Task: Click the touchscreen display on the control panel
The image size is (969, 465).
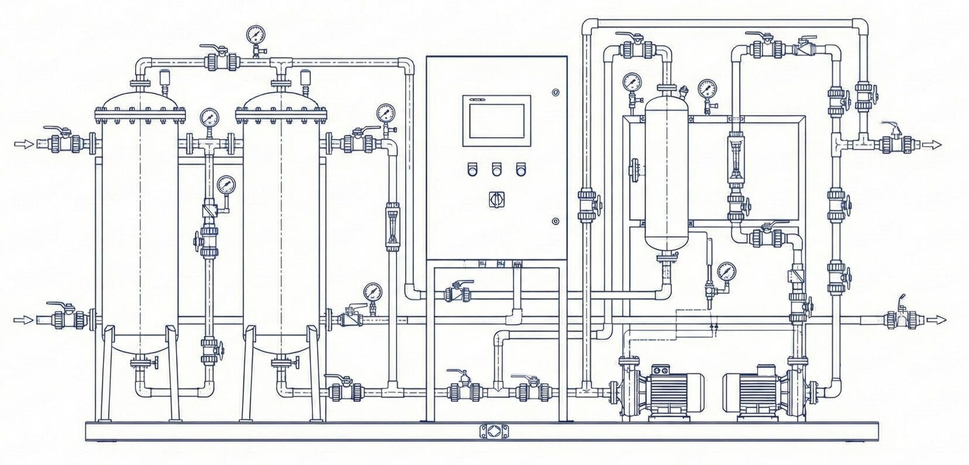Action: pos(498,120)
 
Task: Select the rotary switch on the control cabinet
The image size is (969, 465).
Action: pos(496,199)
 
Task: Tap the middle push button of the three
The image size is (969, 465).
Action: pos(496,169)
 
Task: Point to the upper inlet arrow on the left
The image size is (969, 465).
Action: pos(23,144)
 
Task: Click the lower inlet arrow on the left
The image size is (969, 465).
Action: pos(23,320)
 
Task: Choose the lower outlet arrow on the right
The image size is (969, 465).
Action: pos(936,319)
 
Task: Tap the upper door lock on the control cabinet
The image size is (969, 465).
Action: pos(555,92)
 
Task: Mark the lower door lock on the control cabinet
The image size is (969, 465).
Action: pos(555,221)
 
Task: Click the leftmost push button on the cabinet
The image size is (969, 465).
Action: pos(473,169)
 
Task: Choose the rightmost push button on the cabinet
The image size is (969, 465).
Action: pos(520,169)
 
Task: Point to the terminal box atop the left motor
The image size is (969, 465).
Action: pos(661,370)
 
